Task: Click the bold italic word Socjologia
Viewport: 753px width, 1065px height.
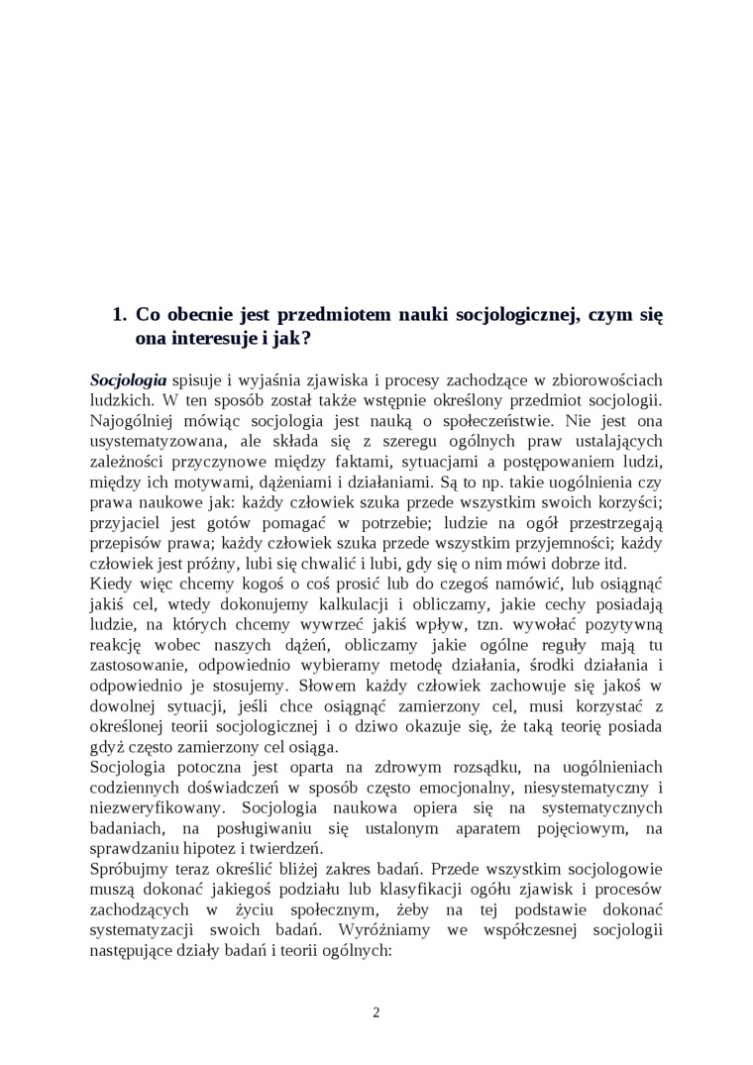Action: tap(128, 379)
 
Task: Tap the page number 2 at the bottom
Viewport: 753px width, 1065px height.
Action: tap(376, 1012)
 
